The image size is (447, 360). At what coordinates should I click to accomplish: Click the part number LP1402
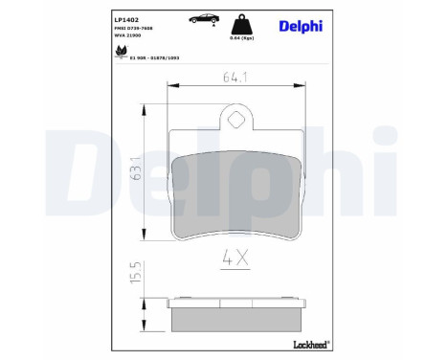pyautogui.click(x=126, y=17)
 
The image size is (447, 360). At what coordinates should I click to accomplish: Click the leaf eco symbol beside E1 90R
pyautogui.click(x=121, y=52)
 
